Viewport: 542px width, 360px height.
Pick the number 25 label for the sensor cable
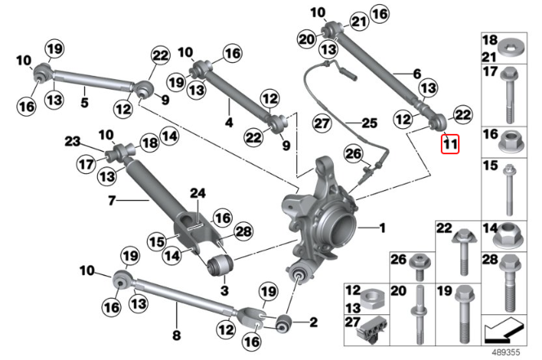pyautogui.click(x=370, y=123)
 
